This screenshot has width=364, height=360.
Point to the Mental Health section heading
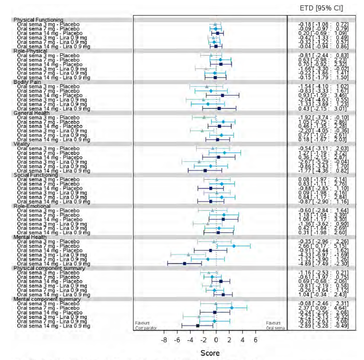click(30, 237)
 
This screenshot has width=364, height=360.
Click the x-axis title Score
click(210, 353)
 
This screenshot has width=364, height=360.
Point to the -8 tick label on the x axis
click(163, 340)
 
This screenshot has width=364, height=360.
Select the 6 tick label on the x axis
click(256, 340)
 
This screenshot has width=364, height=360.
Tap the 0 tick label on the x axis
click(216, 340)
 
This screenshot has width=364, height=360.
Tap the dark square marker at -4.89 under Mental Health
click(184, 263)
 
